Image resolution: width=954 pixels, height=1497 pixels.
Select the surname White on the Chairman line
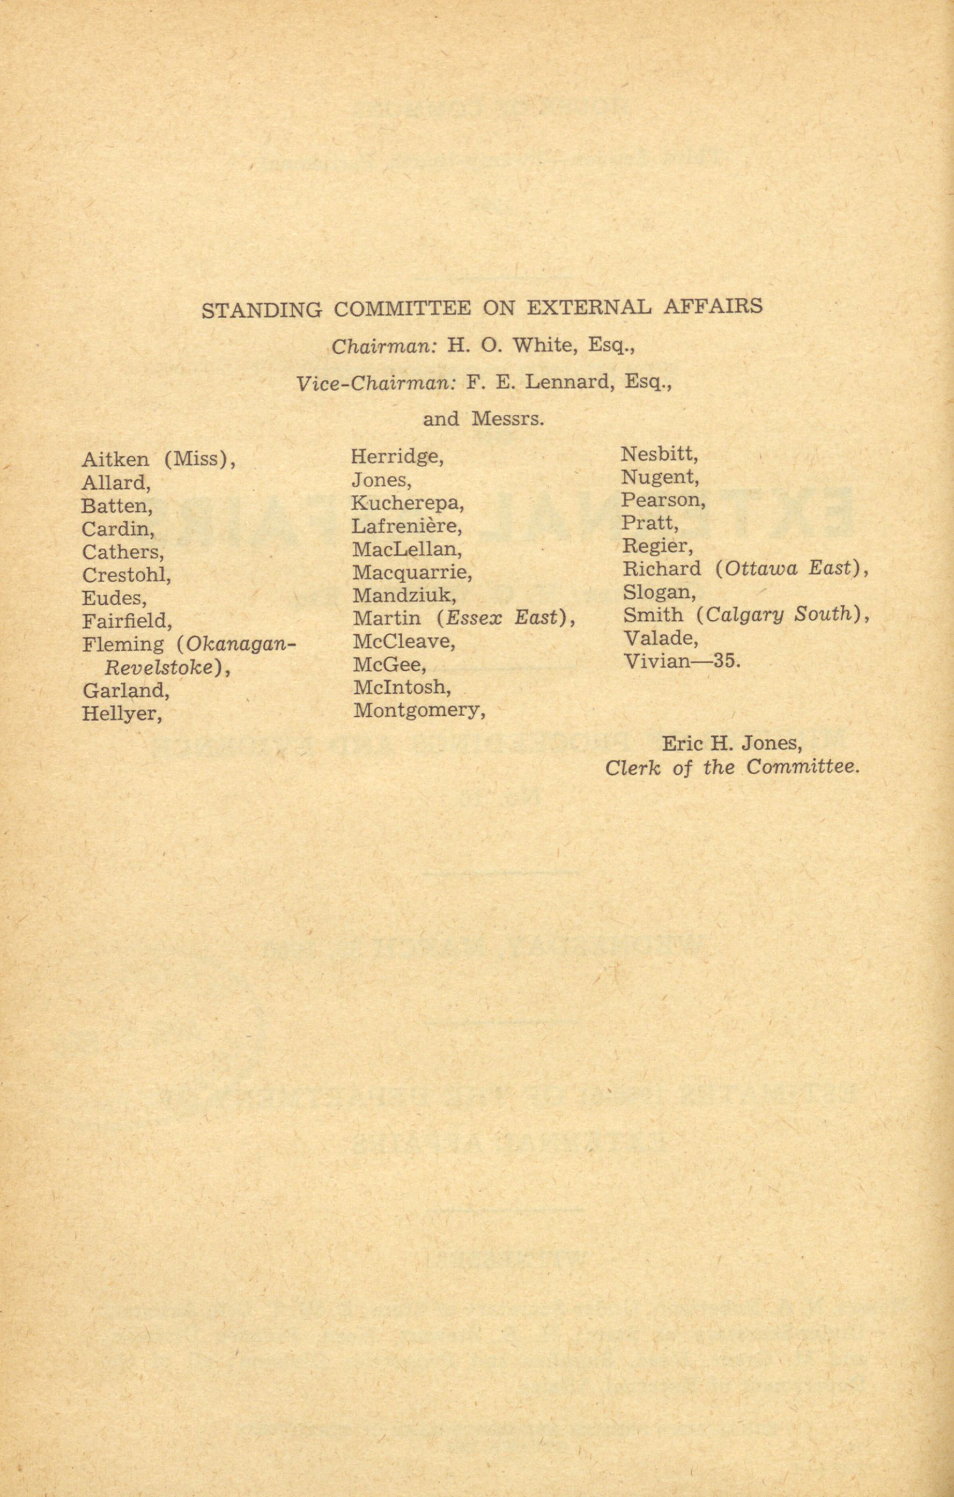point(541,344)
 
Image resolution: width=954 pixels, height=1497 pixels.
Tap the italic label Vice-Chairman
point(376,383)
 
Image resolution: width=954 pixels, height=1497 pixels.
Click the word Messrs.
point(508,419)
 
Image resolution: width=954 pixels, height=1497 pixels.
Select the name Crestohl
point(126,575)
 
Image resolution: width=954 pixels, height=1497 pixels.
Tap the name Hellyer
point(122,713)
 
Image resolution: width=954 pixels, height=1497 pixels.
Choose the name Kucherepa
point(408,502)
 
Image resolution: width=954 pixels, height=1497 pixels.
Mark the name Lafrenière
point(406,526)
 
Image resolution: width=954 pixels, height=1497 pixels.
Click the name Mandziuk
point(404,596)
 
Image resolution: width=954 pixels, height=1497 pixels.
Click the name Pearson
point(662,500)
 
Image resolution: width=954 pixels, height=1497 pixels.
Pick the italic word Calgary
point(738,614)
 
